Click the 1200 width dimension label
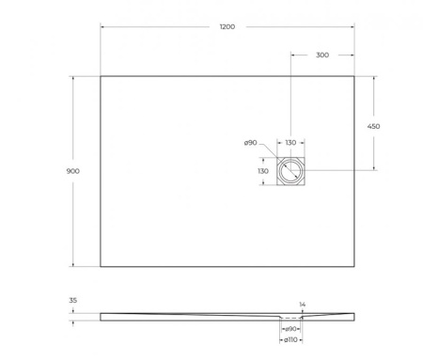(226, 27)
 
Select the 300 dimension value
(321, 55)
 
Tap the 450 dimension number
(373, 125)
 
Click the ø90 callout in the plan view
(251, 143)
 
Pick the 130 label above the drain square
(290, 143)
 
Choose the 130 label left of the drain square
(263, 171)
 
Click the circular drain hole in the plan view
(290, 171)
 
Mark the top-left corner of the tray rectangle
(101, 76)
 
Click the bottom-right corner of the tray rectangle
(353, 266)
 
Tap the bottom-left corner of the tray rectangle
(101, 266)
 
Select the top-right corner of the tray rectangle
(353, 76)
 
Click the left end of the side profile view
(102, 317)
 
